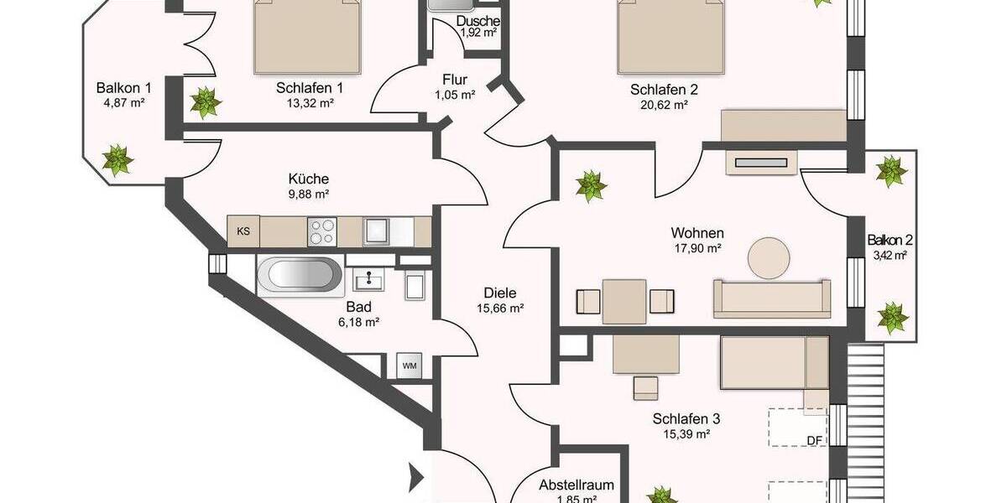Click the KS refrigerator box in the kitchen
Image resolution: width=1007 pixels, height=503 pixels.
pos(243,231)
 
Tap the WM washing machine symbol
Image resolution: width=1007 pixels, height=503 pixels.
pos(409,366)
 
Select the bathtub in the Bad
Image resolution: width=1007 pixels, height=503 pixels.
pos(300,276)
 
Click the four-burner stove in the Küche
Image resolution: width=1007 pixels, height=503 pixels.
pos(321,231)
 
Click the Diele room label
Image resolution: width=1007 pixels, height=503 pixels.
pos(499,293)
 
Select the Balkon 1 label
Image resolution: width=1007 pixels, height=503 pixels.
pos(123,87)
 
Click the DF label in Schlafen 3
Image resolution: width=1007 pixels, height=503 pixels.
pos(814,440)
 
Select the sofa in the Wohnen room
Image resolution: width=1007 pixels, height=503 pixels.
pos(771,299)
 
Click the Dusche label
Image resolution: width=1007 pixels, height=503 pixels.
pos(478,21)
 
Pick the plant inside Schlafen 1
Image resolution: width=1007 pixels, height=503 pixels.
pos(205,102)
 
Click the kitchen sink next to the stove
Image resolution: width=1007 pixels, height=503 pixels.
pos(374,229)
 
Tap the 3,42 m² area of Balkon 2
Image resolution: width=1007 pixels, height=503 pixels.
pos(890,256)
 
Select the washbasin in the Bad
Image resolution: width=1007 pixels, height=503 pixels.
pos(368,281)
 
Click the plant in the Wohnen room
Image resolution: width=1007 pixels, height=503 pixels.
pos(591,185)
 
